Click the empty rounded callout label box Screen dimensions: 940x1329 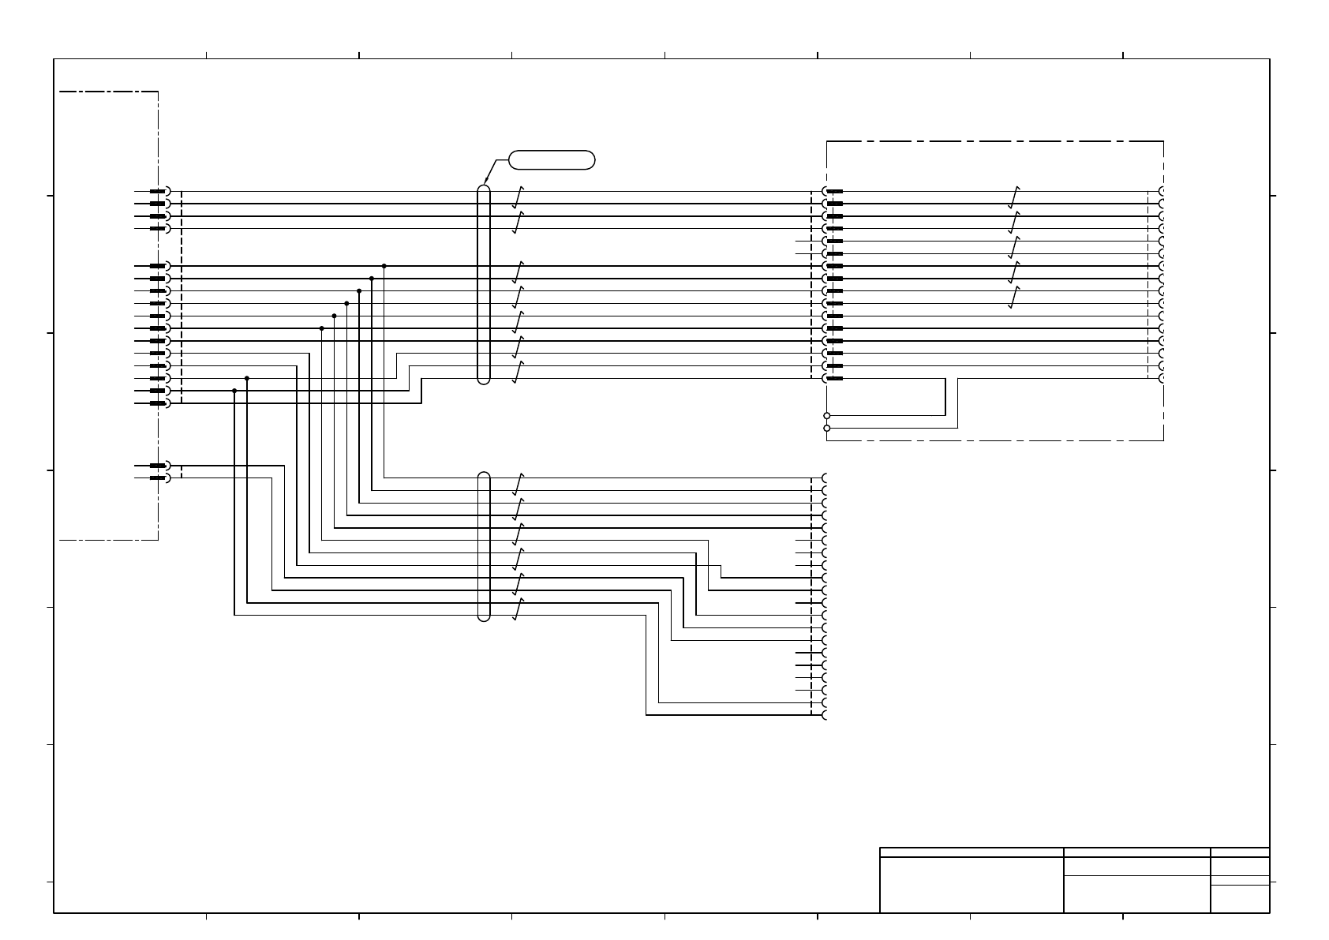tap(552, 159)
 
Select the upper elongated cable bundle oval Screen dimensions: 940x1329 tap(484, 285)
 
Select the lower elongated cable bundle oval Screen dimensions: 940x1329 tap(484, 546)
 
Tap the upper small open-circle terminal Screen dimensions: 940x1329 tap(826, 415)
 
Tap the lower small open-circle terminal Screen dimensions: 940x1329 tap(826, 428)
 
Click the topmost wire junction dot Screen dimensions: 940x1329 tap(384, 266)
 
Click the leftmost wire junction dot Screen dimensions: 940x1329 tap(234, 391)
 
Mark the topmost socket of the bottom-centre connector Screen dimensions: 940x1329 tap(825, 478)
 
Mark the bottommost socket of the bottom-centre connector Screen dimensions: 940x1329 tap(825, 715)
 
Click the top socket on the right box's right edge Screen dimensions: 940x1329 tap(1162, 191)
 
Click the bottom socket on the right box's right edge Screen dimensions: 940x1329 tap(1162, 378)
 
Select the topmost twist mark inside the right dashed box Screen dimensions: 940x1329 tap(1014, 197)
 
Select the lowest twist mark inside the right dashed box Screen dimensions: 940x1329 tap(1014, 297)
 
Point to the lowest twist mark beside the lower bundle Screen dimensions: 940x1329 tap(518, 609)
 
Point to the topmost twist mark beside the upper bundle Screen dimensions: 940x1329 tap(518, 197)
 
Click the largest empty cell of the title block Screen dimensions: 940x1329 tap(971, 884)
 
